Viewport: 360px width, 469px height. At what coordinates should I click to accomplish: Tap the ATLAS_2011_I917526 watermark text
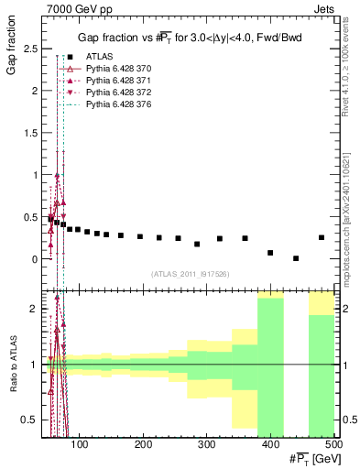[191, 274]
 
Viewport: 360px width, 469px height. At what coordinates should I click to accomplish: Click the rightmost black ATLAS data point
[322, 237]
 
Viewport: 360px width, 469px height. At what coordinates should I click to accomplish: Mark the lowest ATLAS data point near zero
[296, 258]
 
